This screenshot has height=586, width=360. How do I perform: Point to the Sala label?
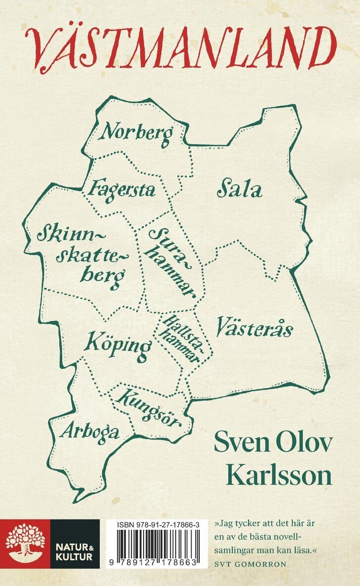click(239, 190)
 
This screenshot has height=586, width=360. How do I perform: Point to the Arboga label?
click(90, 432)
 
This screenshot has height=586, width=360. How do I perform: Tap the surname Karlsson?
click(279, 476)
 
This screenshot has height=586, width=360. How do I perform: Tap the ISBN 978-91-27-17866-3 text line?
click(159, 524)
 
